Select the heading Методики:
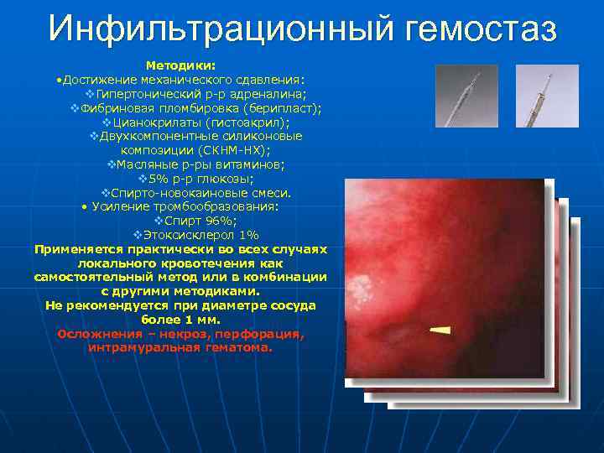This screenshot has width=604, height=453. (180, 65)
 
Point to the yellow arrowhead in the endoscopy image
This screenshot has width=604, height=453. (440, 331)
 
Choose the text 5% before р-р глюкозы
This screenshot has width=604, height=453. (154, 178)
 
